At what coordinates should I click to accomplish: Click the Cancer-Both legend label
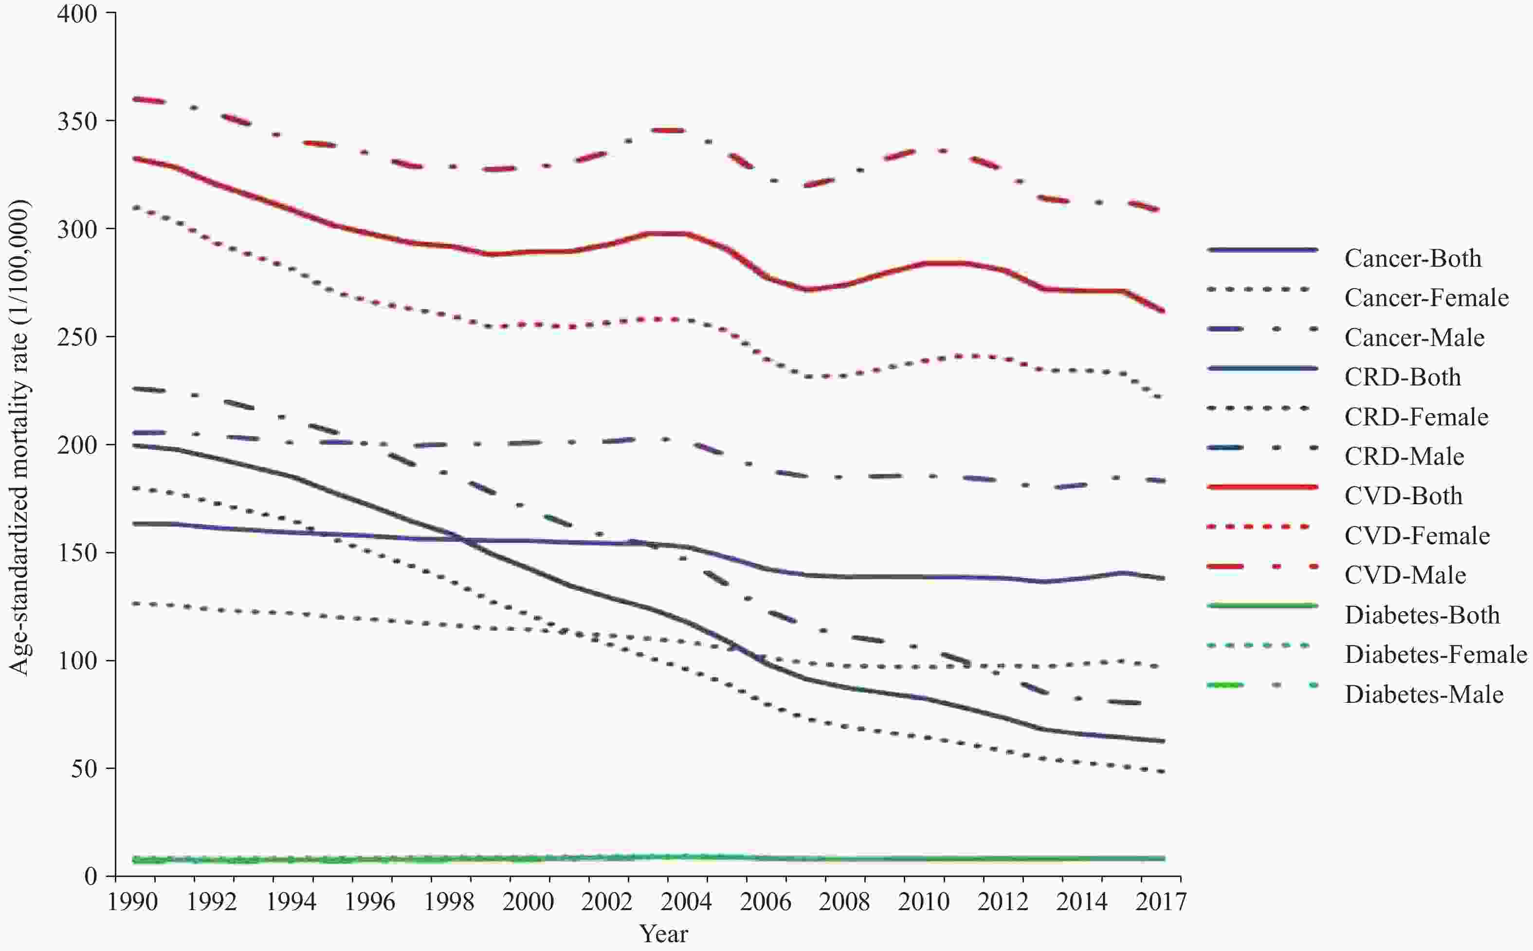[x=1412, y=258]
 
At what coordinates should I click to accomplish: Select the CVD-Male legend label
[x=1405, y=575]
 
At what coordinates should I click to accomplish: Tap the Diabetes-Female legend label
[x=1436, y=654]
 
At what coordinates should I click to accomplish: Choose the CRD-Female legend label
[x=1416, y=417]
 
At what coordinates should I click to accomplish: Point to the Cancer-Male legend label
[x=1414, y=338]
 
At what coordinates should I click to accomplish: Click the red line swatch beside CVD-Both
[x=1261, y=487]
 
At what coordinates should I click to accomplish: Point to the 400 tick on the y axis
[x=77, y=13]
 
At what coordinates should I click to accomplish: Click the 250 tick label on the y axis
[x=77, y=337]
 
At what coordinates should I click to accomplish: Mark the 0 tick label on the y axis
[x=91, y=876]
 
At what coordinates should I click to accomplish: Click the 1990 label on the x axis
[x=132, y=902]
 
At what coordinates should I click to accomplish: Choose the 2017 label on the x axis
[x=1161, y=902]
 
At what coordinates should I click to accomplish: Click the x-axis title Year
[x=663, y=933]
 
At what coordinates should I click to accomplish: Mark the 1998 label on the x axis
[x=448, y=902]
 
